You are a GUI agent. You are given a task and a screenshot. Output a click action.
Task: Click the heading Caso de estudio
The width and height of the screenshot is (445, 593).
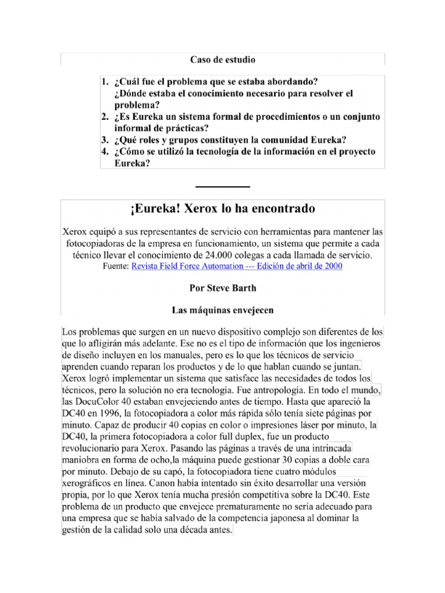pyautogui.click(x=222, y=60)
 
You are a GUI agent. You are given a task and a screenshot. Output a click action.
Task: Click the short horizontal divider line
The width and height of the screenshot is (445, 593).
pyautogui.click(x=222, y=186)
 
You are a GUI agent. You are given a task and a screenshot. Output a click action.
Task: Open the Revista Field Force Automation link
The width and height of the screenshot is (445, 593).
pyautogui.click(x=237, y=266)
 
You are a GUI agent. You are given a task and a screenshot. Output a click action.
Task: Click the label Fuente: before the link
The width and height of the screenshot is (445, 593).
pyautogui.click(x=116, y=266)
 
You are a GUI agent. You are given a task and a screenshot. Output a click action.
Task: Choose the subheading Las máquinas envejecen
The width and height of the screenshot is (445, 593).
pyautogui.click(x=222, y=310)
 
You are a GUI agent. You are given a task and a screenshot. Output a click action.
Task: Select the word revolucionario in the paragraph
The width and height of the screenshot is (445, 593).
pyautogui.click(x=96, y=449)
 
